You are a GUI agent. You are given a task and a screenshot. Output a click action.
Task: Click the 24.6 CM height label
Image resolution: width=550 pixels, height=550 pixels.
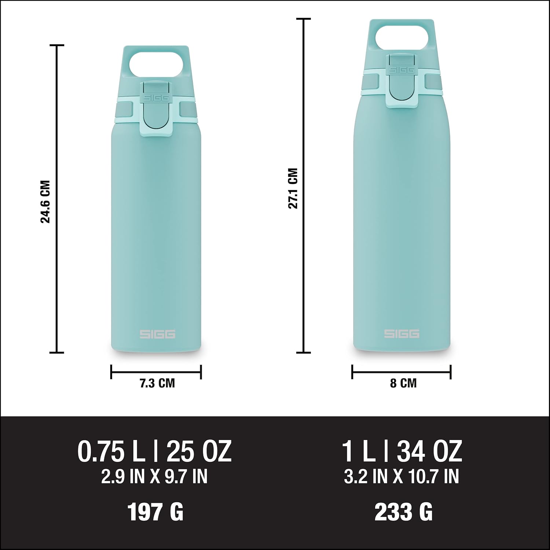pos(45,202)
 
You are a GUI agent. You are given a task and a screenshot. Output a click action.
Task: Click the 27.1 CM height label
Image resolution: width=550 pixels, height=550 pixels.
pos(293,188)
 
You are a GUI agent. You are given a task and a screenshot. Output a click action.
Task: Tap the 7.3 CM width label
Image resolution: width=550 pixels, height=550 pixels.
pos(157,384)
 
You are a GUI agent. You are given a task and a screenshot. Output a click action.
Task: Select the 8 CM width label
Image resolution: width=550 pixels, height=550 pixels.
pos(403,384)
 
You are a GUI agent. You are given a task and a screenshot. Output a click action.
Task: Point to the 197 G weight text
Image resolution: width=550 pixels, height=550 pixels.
pos(155,512)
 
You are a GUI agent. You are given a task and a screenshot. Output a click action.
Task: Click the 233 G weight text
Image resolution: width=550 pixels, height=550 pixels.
pos(403,512)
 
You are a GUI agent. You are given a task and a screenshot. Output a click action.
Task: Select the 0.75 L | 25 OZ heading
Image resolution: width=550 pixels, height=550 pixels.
pos(154,452)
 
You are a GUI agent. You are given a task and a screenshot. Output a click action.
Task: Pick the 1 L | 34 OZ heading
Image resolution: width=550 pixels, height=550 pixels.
pos(402,452)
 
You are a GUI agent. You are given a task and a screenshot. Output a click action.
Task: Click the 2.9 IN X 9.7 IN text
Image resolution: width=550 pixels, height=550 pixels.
pos(154,477)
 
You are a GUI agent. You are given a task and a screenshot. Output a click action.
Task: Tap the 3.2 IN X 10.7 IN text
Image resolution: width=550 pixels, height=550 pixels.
pos(401,477)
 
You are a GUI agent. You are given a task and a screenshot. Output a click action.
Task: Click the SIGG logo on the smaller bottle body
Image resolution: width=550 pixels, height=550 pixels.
pos(157,334)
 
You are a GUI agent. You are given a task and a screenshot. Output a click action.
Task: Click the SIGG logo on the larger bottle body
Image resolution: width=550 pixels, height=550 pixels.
pos(401,334)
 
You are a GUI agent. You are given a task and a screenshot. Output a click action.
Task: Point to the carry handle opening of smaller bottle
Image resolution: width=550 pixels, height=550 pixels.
pos(156,64)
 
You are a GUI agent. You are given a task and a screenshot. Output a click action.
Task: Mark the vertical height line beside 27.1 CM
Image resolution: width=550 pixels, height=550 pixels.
pos(304,275)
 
